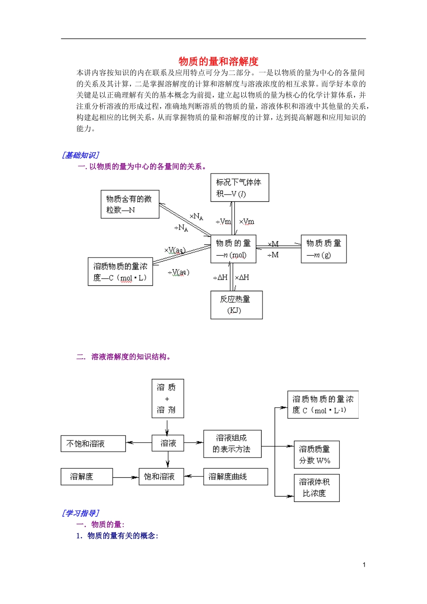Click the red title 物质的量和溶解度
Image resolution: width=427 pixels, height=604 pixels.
pos(218,61)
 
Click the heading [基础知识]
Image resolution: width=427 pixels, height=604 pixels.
pos(80,155)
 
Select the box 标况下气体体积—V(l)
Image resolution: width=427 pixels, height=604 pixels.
pos(240,187)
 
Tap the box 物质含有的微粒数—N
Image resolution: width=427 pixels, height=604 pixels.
pos(130,204)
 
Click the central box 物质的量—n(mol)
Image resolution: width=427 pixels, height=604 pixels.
pos(233,249)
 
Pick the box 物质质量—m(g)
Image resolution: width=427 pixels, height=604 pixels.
pos(323,249)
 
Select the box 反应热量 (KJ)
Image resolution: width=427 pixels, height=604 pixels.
pos(236,305)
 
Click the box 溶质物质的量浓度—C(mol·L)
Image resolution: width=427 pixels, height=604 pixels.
pos(120,272)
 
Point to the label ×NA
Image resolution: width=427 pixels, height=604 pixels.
pos(196,217)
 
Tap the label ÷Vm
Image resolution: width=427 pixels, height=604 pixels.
pos(223,222)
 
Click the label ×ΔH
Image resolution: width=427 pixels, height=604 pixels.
pos(242,278)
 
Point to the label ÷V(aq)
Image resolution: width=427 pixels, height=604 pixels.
pos(178,272)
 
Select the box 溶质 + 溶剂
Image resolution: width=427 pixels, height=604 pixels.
pos(167,399)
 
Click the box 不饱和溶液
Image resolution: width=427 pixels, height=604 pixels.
pos(93,444)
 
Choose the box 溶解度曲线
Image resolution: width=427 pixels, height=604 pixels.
pos(235,477)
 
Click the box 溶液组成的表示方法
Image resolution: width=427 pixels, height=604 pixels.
pos(232,444)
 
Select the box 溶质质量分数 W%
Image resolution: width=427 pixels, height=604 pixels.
pos(316,454)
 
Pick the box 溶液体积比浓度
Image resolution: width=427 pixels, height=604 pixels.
pos(316,488)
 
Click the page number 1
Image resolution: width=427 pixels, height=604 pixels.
pos(364,565)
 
